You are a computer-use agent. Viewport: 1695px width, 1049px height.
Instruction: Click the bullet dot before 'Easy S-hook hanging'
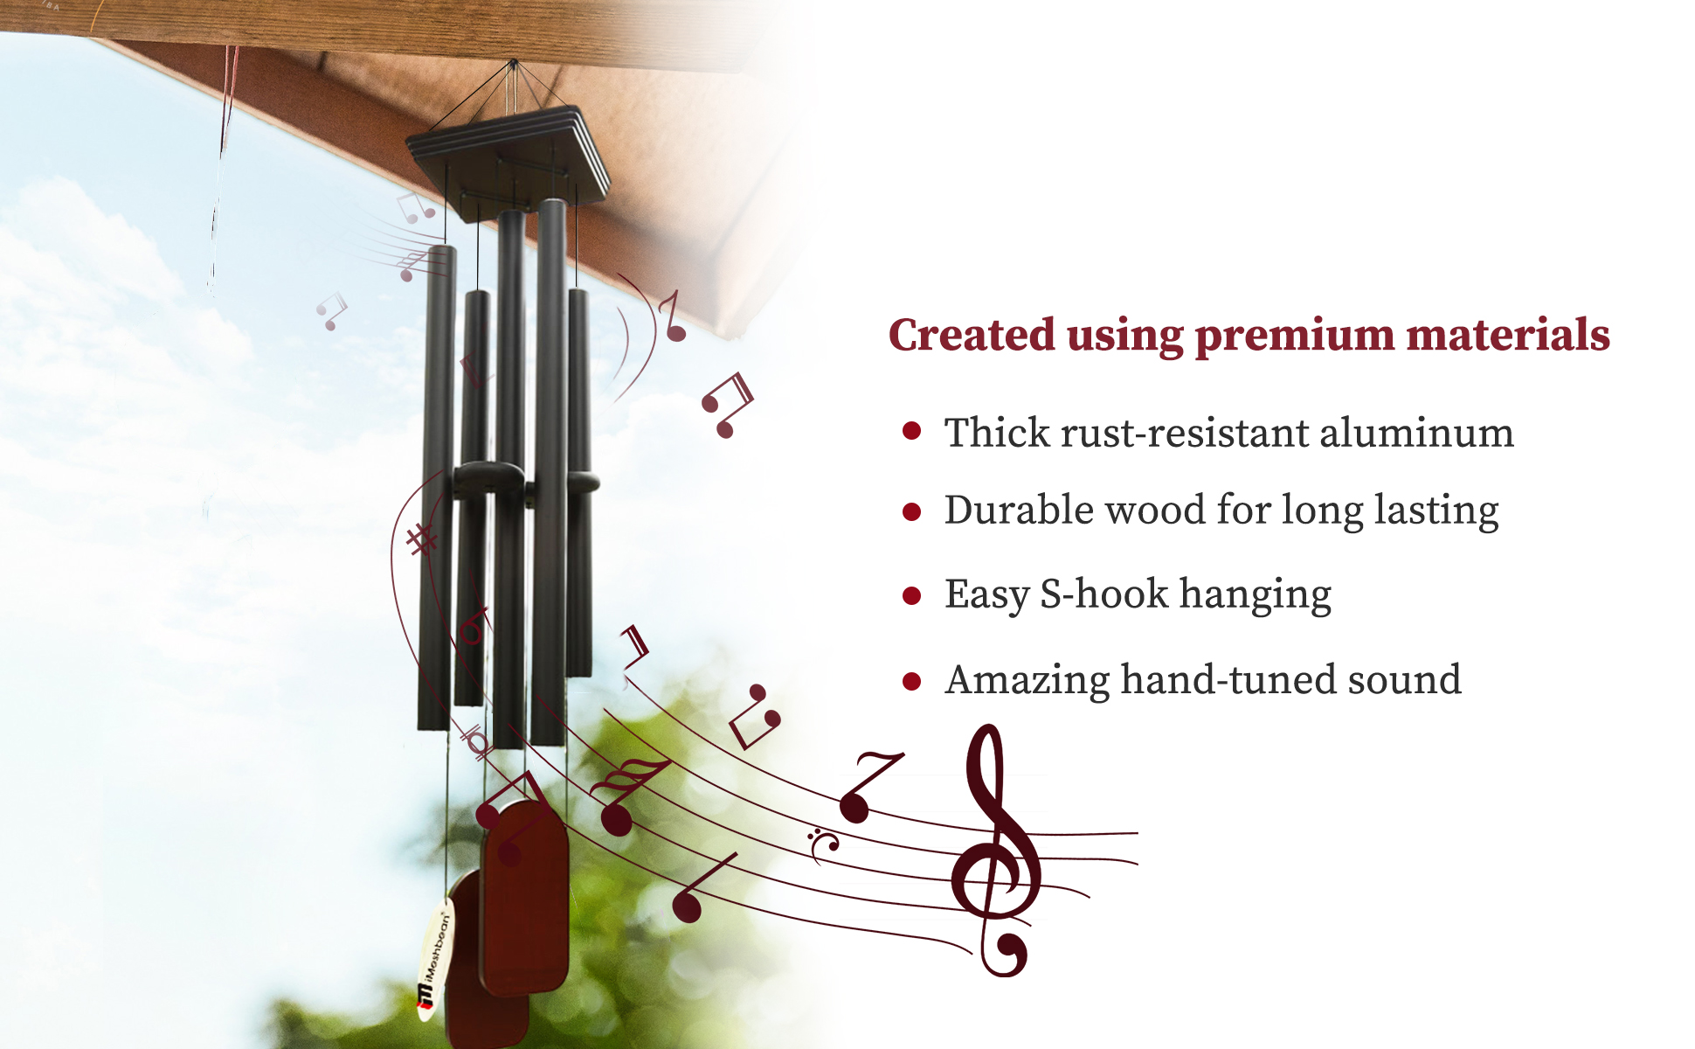[911, 596]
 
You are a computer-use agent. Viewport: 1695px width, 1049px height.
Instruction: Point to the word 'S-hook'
[1104, 594]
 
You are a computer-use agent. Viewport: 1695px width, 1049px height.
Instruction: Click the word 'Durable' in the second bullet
[1018, 510]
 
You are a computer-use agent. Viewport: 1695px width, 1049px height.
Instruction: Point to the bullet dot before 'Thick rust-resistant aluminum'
[911, 430]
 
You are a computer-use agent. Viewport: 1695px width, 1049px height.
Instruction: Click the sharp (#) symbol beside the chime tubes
[422, 539]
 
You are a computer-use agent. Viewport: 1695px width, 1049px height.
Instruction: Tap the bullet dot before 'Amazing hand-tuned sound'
[911, 682]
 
